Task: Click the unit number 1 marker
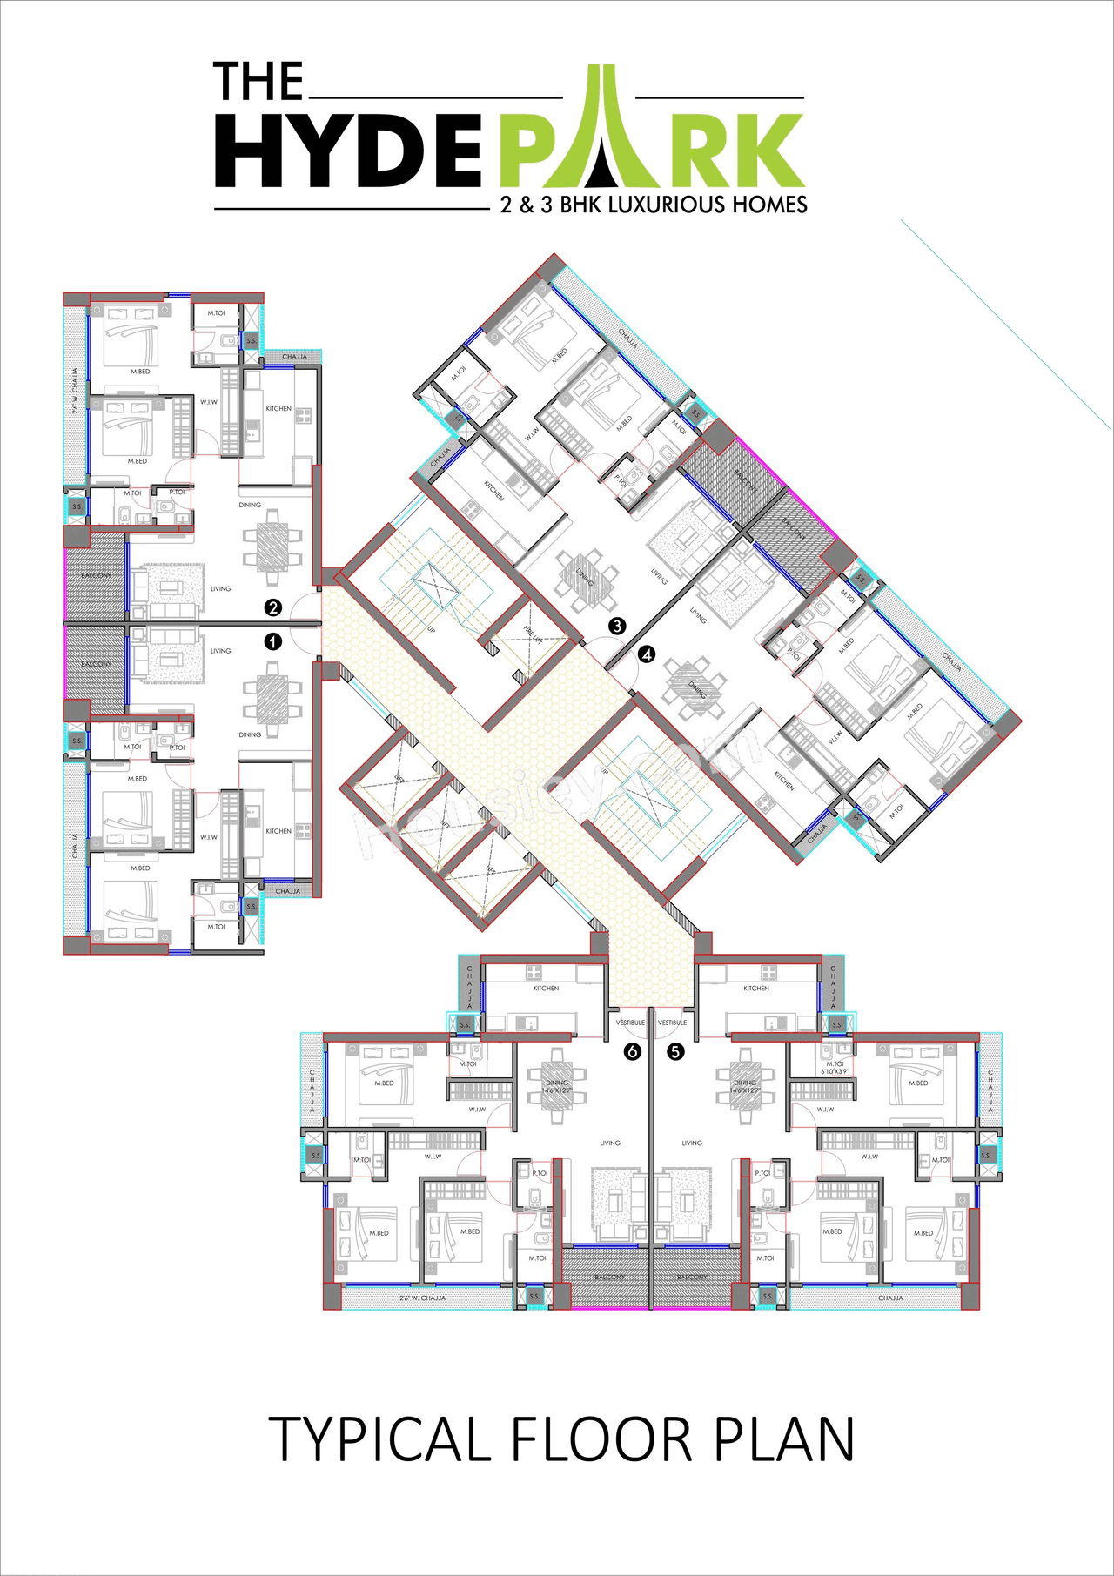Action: click(x=273, y=641)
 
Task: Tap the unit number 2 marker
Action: click(x=273, y=607)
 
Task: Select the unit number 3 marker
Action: click(x=617, y=625)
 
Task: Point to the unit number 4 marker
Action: click(x=647, y=654)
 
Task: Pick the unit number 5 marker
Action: click(x=675, y=1051)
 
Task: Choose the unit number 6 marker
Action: click(x=633, y=1051)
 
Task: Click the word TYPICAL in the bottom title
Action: click(x=379, y=1440)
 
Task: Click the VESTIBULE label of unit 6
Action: click(x=630, y=1023)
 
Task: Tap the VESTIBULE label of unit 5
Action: click(x=672, y=1023)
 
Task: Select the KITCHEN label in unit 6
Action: click(x=546, y=989)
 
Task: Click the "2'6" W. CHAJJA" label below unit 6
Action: click(x=422, y=1298)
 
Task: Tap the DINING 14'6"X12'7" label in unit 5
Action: click(x=745, y=1086)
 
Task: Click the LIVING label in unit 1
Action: click(x=220, y=651)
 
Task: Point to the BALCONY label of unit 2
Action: click(x=96, y=575)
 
